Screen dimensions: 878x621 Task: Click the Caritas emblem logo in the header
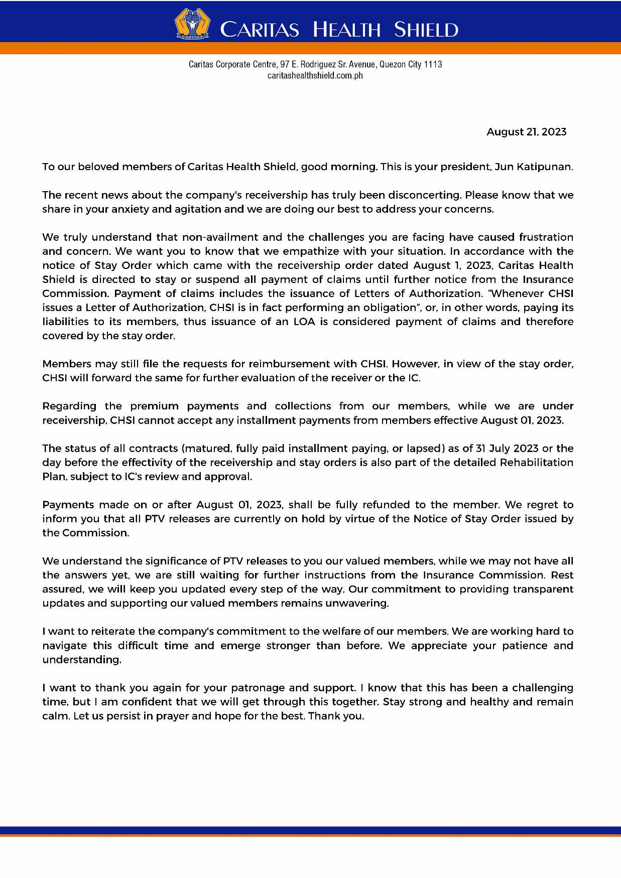pos(192,24)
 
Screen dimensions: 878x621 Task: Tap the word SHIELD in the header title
pos(426,30)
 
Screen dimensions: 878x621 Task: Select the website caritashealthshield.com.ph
pos(315,76)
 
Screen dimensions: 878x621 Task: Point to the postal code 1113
pos(433,64)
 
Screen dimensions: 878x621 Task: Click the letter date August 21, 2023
pos(526,132)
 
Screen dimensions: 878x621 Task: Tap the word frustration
pos(546,237)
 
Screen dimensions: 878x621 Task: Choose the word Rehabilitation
pos(536,462)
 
